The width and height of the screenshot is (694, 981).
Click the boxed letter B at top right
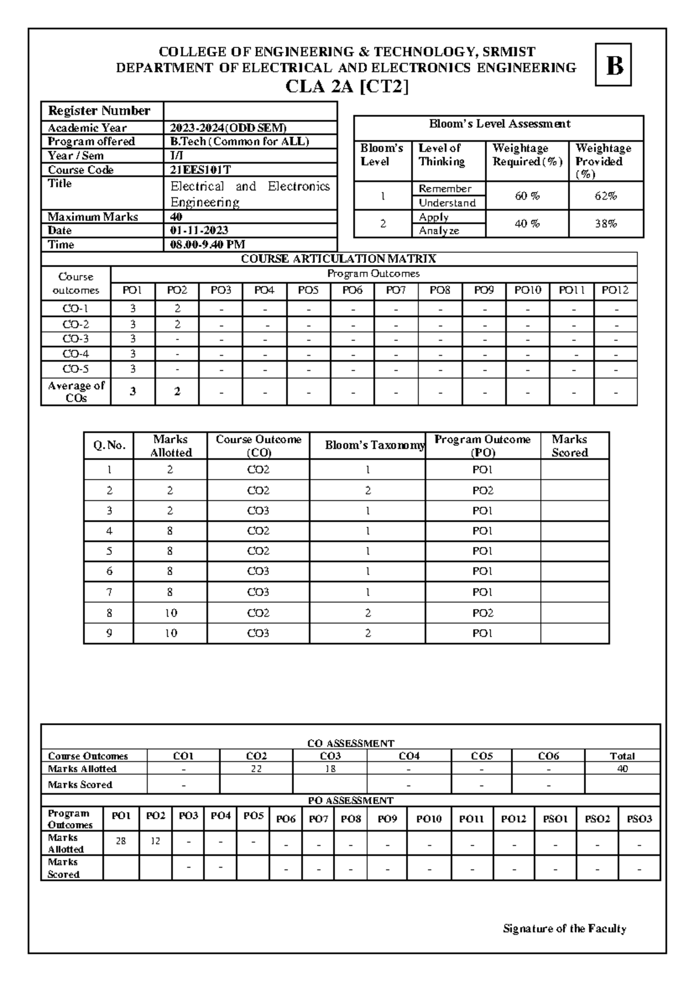(614, 65)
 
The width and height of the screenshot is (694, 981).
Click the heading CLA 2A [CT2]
(347, 87)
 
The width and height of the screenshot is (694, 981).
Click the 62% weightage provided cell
(606, 196)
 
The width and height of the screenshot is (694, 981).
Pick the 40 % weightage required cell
(527, 224)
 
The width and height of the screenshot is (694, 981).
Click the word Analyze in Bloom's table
(439, 231)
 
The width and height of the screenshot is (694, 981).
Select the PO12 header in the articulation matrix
(615, 290)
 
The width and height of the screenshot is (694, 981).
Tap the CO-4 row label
(76, 354)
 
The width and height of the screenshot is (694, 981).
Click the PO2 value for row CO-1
(178, 309)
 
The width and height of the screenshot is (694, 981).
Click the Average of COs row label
(76, 392)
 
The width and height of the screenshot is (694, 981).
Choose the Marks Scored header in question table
(570, 446)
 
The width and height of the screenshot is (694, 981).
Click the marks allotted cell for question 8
(171, 613)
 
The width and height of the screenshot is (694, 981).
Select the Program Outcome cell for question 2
(482, 491)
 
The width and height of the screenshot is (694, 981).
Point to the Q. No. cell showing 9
(109, 633)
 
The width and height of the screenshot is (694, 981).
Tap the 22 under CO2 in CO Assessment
(256, 769)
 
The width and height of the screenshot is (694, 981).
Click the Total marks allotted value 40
(622, 769)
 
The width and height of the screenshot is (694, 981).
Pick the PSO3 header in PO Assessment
(639, 819)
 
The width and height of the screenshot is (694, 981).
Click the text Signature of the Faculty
(564, 929)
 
